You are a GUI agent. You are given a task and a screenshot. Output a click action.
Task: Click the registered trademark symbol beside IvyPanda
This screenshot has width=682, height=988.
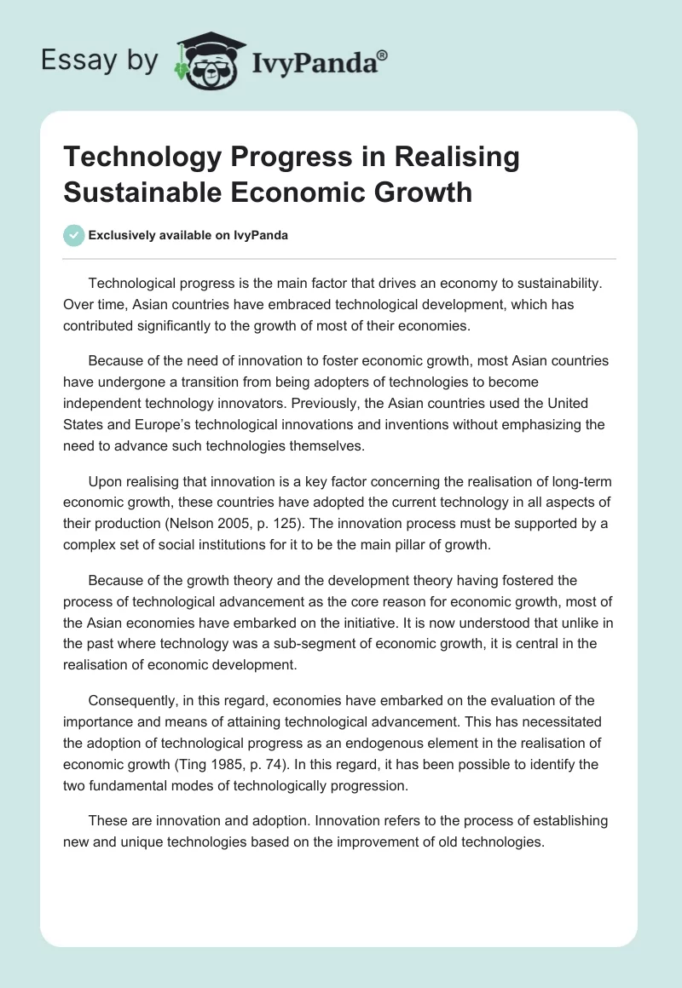pos(382,55)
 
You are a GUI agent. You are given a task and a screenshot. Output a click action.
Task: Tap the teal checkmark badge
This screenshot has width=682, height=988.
pos(74,235)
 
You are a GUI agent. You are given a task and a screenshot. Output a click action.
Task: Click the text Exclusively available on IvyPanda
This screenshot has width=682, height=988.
pos(188,235)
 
